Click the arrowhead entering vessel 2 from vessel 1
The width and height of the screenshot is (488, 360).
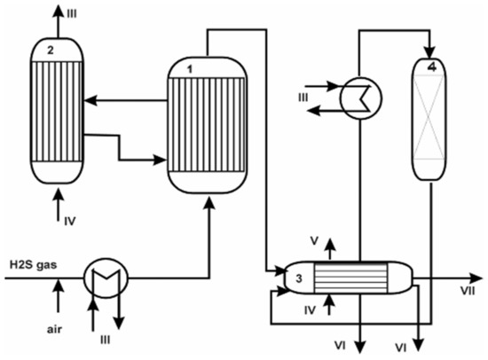click(x=87, y=101)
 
